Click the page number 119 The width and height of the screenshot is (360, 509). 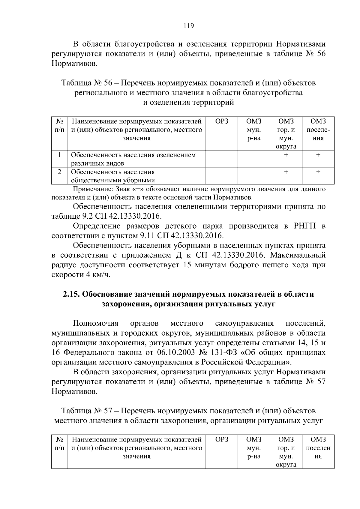point(189,26)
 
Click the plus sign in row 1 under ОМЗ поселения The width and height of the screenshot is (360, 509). point(318,155)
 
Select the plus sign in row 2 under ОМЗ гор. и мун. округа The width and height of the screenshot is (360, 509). point(286,172)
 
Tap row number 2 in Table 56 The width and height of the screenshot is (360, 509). point(59,172)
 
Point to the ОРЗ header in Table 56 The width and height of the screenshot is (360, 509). point(222,121)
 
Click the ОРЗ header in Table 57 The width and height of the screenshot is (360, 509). point(222,440)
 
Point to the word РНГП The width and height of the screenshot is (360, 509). point(303,226)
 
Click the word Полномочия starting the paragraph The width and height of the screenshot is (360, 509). point(96,323)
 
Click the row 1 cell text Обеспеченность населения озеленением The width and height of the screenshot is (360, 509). point(133,155)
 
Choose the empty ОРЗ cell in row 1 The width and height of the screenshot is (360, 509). point(222,159)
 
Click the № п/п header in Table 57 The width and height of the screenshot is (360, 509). point(59,444)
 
